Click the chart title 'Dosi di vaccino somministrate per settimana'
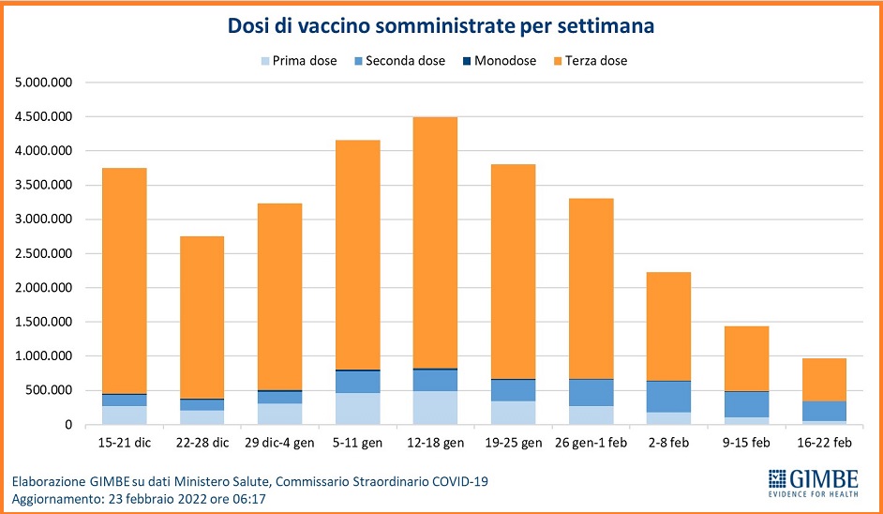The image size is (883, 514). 441,26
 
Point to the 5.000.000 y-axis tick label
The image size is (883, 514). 43,83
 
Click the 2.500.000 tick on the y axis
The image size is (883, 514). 43,253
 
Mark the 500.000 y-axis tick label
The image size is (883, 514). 49,390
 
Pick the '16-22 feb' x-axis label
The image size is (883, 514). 824,442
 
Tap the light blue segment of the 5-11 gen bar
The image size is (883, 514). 359,408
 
